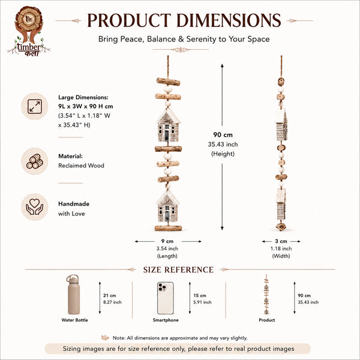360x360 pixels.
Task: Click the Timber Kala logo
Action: click(x=29, y=31)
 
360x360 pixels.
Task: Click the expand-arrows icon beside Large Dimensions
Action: click(x=35, y=106)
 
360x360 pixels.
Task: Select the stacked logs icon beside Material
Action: click(x=35, y=161)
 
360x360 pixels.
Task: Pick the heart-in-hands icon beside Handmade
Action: click(x=35, y=207)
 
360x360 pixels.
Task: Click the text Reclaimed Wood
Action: click(x=81, y=166)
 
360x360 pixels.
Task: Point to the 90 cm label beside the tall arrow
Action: click(x=223, y=135)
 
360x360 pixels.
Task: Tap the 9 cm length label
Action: click(x=167, y=241)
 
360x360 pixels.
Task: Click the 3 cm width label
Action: click(x=281, y=241)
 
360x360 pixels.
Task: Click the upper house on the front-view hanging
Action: click(x=168, y=125)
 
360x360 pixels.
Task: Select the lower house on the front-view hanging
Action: click(x=167, y=206)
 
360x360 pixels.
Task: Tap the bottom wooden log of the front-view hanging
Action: click(x=168, y=228)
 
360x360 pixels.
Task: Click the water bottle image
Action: click(x=73, y=295)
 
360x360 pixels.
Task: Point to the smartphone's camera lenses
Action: click(x=163, y=287)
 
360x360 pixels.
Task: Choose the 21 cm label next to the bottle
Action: click(x=110, y=295)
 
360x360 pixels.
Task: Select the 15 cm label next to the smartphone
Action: click(x=200, y=295)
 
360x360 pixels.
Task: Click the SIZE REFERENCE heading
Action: click(x=178, y=270)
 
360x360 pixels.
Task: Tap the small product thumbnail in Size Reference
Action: click(x=266, y=295)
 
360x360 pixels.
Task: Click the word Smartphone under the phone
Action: click(x=166, y=320)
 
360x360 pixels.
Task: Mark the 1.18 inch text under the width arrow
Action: click(x=281, y=248)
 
